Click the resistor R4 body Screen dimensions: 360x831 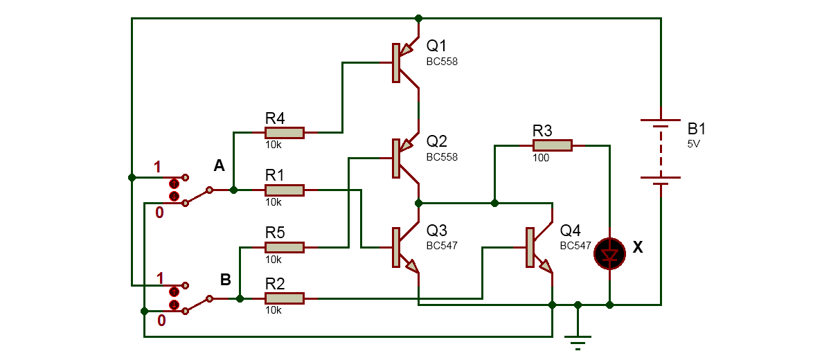click(x=285, y=132)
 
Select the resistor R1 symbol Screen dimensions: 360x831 click(x=285, y=190)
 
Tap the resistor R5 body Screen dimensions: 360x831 click(x=285, y=247)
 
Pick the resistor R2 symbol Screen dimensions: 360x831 click(x=285, y=298)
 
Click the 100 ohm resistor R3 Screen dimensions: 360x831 click(x=552, y=145)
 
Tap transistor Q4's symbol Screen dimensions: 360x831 click(x=537, y=247)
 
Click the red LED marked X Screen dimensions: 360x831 click(x=609, y=254)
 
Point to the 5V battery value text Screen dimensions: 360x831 click(x=694, y=145)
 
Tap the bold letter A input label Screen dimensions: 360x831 click(x=219, y=166)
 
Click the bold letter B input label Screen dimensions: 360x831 click(x=225, y=280)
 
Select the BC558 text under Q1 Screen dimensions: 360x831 click(x=442, y=62)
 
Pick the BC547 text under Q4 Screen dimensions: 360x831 click(x=575, y=245)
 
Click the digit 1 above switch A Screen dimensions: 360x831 click(x=158, y=166)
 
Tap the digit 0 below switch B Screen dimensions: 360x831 click(x=160, y=320)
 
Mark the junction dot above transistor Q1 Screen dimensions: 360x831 click(x=418, y=18)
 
